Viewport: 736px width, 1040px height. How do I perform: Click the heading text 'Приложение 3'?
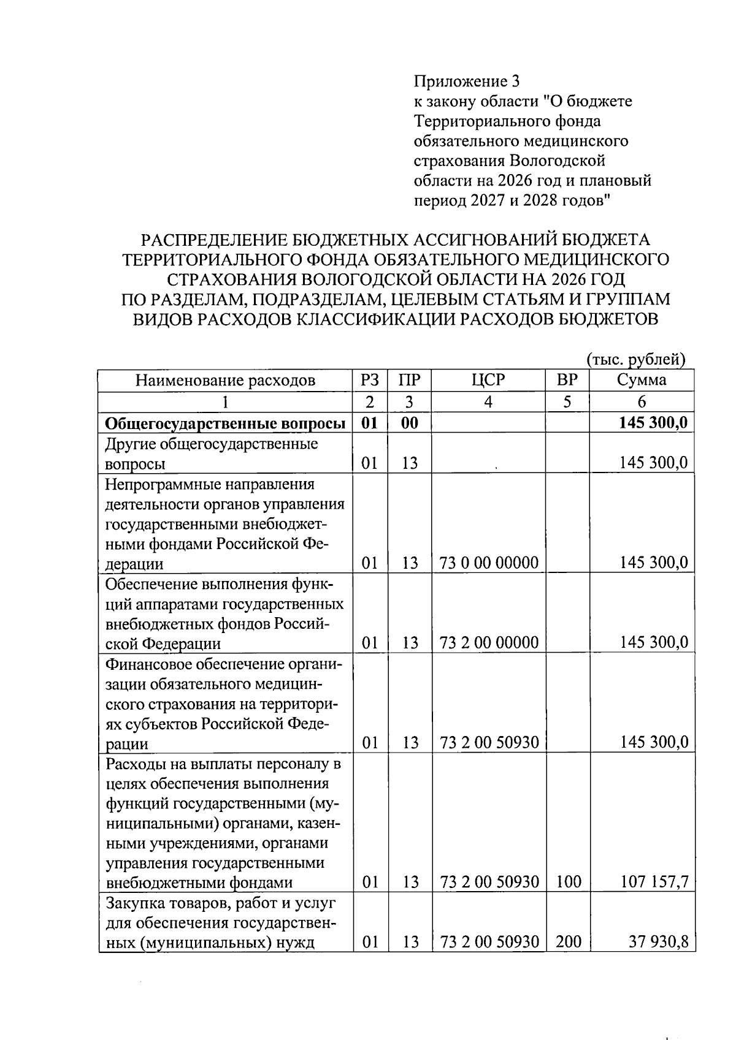coord(467,81)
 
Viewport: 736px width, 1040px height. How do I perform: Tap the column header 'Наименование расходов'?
coord(225,381)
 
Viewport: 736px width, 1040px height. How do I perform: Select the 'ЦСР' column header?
coord(488,381)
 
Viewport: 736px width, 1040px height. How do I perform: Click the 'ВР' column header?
coord(567,381)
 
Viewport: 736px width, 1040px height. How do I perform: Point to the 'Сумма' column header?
coord(642,381)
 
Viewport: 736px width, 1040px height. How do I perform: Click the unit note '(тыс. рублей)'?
coord(635,360)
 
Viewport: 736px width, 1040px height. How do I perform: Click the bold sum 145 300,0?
coord(654,423)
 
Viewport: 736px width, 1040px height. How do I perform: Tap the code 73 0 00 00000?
coord(489,563)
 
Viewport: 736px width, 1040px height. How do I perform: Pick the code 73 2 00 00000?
coord(489,642)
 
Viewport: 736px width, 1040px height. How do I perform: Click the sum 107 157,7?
coord(654,882)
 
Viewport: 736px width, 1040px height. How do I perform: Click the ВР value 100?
coord(568,882)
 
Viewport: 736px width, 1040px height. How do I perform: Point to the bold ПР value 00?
coord(409,423)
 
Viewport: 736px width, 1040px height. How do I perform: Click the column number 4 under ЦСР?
coord(488,402)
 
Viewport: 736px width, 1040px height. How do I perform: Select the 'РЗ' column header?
coord(370,381)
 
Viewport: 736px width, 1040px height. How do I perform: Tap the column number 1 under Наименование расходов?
coord(225,402)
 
